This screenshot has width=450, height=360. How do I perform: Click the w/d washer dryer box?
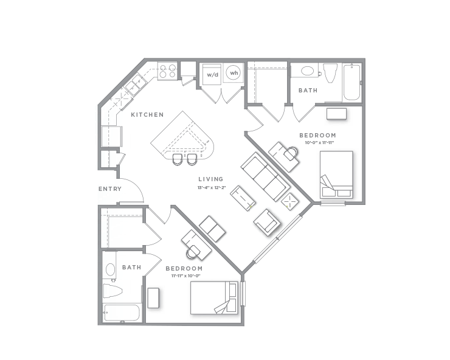coord(212,75)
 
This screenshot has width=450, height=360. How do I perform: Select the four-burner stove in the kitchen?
coord(167,72)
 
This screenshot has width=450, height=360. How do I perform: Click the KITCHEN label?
coord(147,114)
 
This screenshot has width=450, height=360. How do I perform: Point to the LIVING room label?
coord(211,179)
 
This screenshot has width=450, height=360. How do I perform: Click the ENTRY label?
coord(110,189)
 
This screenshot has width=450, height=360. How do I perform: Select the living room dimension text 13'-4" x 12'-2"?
coord(211,187)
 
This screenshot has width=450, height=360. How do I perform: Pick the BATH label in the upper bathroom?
coord(307,91)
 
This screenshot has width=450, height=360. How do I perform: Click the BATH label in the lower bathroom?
coord(131,267)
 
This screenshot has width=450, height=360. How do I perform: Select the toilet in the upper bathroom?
coord(330,73)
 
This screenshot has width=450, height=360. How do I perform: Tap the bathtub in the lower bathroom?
coord(121,313)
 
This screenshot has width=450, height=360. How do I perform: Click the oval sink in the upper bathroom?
coord(307,72)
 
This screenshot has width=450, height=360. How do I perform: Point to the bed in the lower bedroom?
coord(214,297)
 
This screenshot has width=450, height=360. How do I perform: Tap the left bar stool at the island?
coord(177,159)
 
